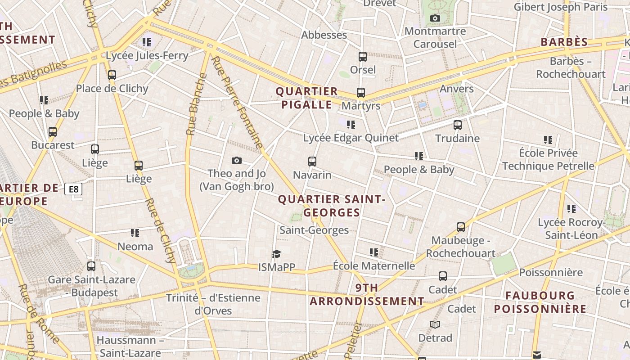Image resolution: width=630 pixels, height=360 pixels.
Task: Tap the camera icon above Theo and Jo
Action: pos(236,161)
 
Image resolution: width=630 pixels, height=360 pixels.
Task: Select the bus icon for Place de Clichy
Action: pos(112,75)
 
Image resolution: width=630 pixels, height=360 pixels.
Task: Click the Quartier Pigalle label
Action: pos(306,98)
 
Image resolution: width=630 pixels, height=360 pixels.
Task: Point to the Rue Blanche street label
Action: pos(196,104)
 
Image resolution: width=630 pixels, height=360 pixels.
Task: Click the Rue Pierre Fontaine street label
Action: pos(237,103)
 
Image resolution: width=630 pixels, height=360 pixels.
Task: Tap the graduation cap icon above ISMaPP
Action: pos(276,254)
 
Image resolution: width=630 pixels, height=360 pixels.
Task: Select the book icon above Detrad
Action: pos(435,324)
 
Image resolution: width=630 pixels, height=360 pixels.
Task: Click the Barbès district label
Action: pos(564,42)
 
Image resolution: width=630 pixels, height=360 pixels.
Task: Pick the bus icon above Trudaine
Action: pos(457,125)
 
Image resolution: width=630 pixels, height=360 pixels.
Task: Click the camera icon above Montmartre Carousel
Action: pos(435,18)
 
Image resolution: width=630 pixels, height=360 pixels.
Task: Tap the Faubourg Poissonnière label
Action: pos(540,302)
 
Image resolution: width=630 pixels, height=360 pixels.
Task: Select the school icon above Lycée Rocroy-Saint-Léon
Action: pos(571,209)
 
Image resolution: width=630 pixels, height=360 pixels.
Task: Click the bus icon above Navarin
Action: pos(312,161)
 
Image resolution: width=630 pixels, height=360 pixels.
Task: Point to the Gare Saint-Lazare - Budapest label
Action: pos(91,286)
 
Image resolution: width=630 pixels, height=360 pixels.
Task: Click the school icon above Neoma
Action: pos(135,233)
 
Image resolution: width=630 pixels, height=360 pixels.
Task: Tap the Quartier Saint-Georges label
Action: pos(332,206)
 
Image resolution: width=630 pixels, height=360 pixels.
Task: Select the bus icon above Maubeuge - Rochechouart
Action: pos(460,227)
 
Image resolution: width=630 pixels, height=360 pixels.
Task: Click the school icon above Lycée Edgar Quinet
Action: pos(351,124)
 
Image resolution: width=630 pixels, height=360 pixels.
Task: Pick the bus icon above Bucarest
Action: pos(53,132)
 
